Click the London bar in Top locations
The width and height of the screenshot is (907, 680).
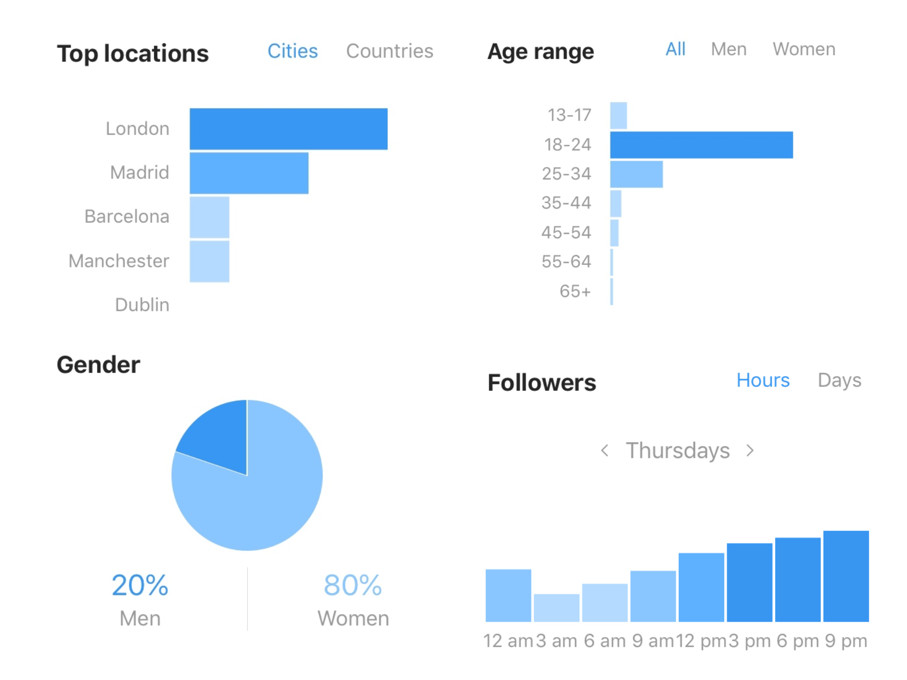(289, 129)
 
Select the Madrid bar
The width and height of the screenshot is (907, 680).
(249, 173)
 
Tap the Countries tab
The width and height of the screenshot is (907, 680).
(389, 51)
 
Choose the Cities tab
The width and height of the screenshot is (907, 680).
(292, 51)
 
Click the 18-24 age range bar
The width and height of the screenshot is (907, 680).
(701, 145)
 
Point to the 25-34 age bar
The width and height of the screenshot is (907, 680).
(636, 174)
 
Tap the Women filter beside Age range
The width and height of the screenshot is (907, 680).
(804, 49)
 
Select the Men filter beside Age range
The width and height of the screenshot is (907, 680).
(728, 49)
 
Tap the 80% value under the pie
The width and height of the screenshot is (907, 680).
(353, 586)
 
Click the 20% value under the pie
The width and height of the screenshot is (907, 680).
(140, 586)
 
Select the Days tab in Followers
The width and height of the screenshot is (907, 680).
(839, 381)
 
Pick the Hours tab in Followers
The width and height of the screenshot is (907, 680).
(763, 381)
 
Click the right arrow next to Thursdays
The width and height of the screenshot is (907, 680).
(750, 451)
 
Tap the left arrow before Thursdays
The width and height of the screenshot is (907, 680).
(605, 451)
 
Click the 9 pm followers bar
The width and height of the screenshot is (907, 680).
(846, 576)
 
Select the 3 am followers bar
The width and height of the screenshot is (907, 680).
(556, 608)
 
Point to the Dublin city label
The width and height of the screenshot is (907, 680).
(142, 305)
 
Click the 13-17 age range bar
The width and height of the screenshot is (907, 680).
(618, 116)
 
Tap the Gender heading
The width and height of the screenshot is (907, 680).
(98, 365)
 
